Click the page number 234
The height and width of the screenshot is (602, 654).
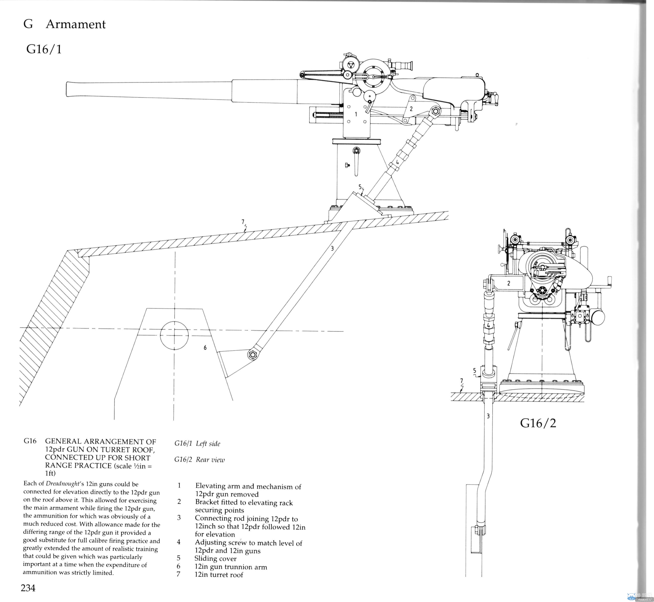coord(28,588)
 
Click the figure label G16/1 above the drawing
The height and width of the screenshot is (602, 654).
coord(44,49)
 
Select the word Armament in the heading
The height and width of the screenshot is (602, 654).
coord(76,24)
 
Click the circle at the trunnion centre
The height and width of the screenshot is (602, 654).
coord(174,335)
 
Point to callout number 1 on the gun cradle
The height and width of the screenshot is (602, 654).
coord(356,114)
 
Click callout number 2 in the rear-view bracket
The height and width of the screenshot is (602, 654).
coord(509,283)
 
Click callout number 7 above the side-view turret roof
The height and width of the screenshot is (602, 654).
coord(243,222)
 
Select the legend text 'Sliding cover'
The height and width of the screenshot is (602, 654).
coord(215,558)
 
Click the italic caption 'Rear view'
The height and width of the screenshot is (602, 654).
coord(210,460)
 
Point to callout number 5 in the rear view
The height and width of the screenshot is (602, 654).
coord(474,371)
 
